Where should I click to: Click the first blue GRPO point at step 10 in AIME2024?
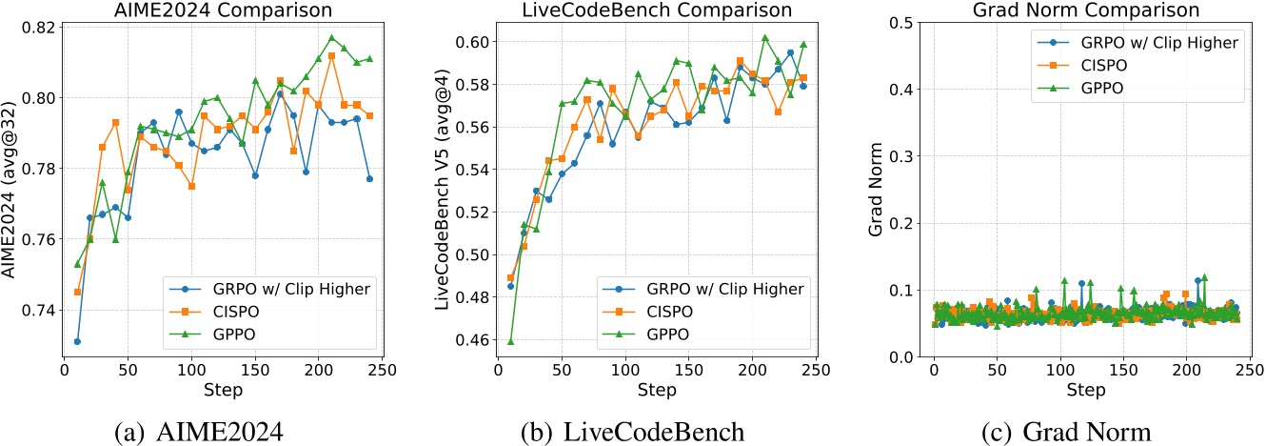(x=77, y=341)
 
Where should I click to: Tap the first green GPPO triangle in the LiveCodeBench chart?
(x=510, y=341)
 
